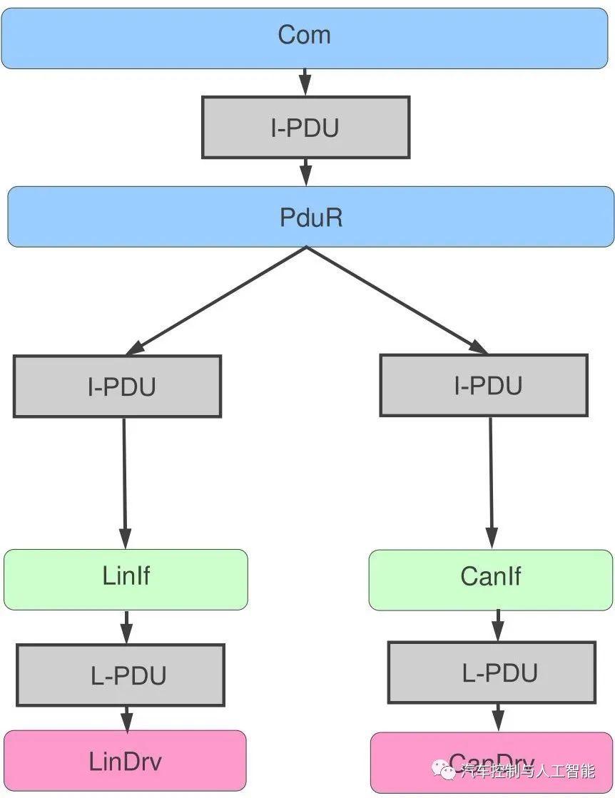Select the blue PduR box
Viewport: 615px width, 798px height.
310,217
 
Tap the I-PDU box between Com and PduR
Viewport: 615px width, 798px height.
305,128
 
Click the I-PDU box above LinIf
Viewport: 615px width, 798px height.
117,387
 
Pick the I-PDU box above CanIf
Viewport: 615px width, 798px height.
483,385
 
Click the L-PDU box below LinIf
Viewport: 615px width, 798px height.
121,675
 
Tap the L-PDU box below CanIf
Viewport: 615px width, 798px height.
492,672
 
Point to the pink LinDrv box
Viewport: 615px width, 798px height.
125,760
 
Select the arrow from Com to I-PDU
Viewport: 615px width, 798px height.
305,82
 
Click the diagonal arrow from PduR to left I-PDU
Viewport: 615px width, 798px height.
216,300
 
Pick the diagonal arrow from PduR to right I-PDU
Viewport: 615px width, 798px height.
397,300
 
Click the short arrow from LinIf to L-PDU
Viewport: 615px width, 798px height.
126,627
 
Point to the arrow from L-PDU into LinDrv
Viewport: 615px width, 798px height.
126,718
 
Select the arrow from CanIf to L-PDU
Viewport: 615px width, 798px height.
498,625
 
